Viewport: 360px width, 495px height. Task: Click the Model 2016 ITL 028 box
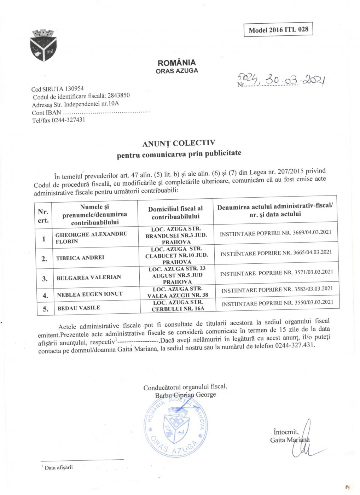click(x=278, y=29)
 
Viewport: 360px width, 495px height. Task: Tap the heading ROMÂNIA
click(x=176, y=63)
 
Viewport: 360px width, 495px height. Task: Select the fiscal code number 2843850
click(x=118, y=95)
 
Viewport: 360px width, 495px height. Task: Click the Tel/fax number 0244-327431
click(x=68, y=120)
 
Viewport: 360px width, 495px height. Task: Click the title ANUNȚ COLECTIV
click(x=179, y=143)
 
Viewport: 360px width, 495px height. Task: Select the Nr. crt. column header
click(x=43, y=216)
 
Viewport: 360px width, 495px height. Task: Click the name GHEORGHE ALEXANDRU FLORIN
click(x=91, y=238)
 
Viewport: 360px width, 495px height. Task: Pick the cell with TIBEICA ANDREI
click(x=80, y=258)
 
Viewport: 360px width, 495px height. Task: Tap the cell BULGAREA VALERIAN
click(x=89, y=278)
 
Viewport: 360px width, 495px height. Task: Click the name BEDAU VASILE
click(x=79, y=308)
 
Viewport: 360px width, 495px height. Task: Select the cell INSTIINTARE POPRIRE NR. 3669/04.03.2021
click(x=275, y=233)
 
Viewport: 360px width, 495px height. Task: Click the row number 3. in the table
click(x=45, y=279)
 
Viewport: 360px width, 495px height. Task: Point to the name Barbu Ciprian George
click(x=185, y=395)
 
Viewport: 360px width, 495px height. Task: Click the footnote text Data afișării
click(x=58, y=467)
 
